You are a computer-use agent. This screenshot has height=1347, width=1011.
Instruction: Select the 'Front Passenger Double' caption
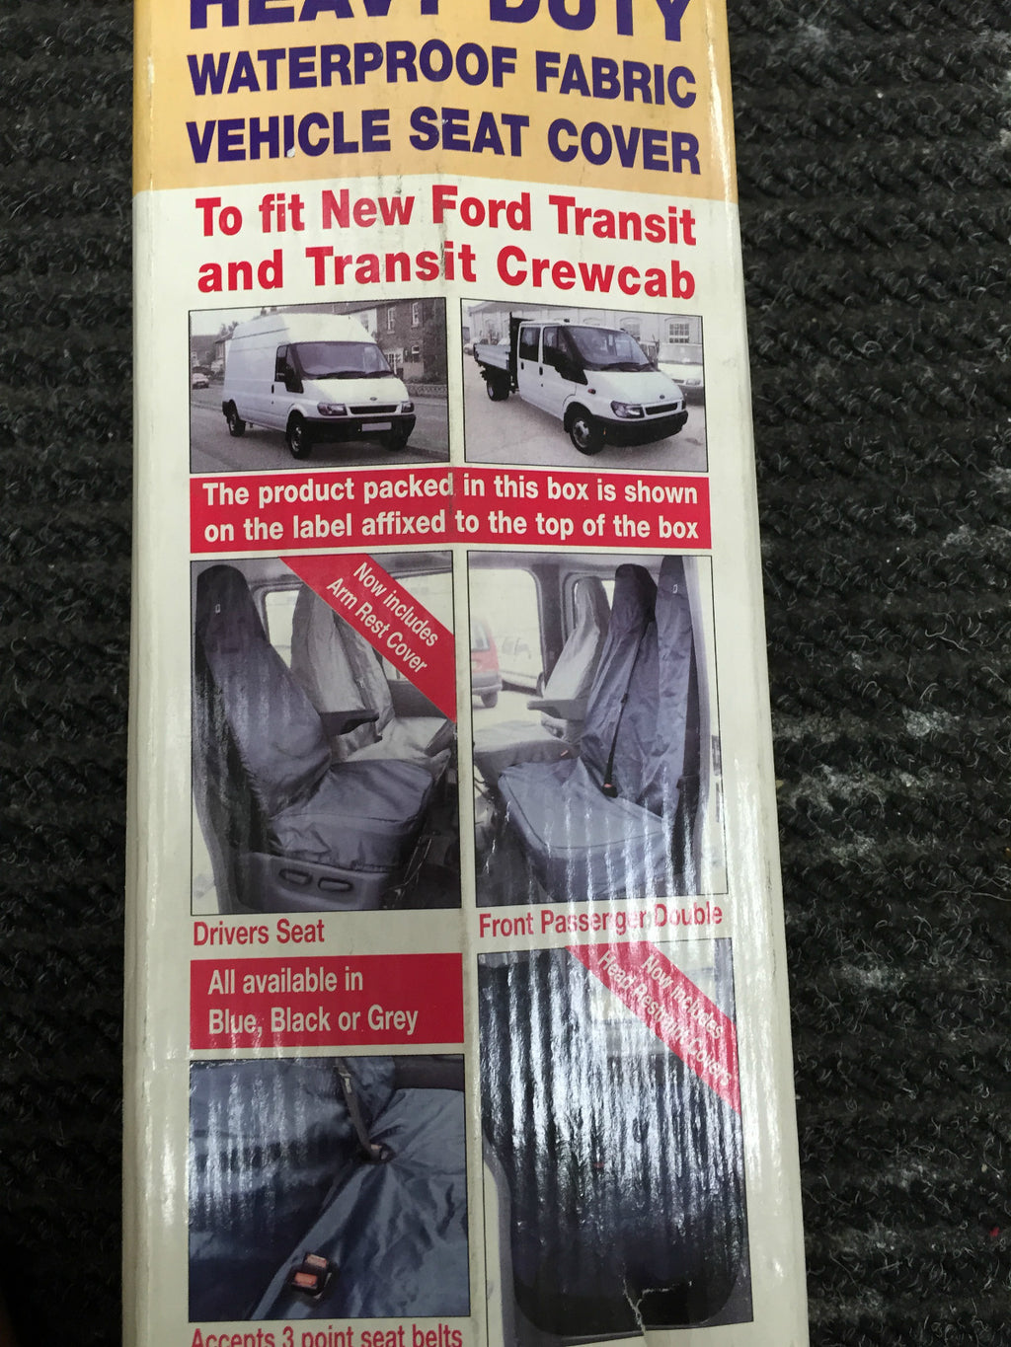coord(599,921)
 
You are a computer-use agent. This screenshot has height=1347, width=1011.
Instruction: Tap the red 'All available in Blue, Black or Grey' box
coord(326,1000)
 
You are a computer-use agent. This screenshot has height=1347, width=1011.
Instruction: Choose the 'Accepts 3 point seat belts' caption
coord(326,1336)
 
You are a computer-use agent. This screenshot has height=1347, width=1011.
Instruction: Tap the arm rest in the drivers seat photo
coord(349,718)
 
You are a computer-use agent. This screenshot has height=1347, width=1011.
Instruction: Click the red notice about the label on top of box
coord(450,510)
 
